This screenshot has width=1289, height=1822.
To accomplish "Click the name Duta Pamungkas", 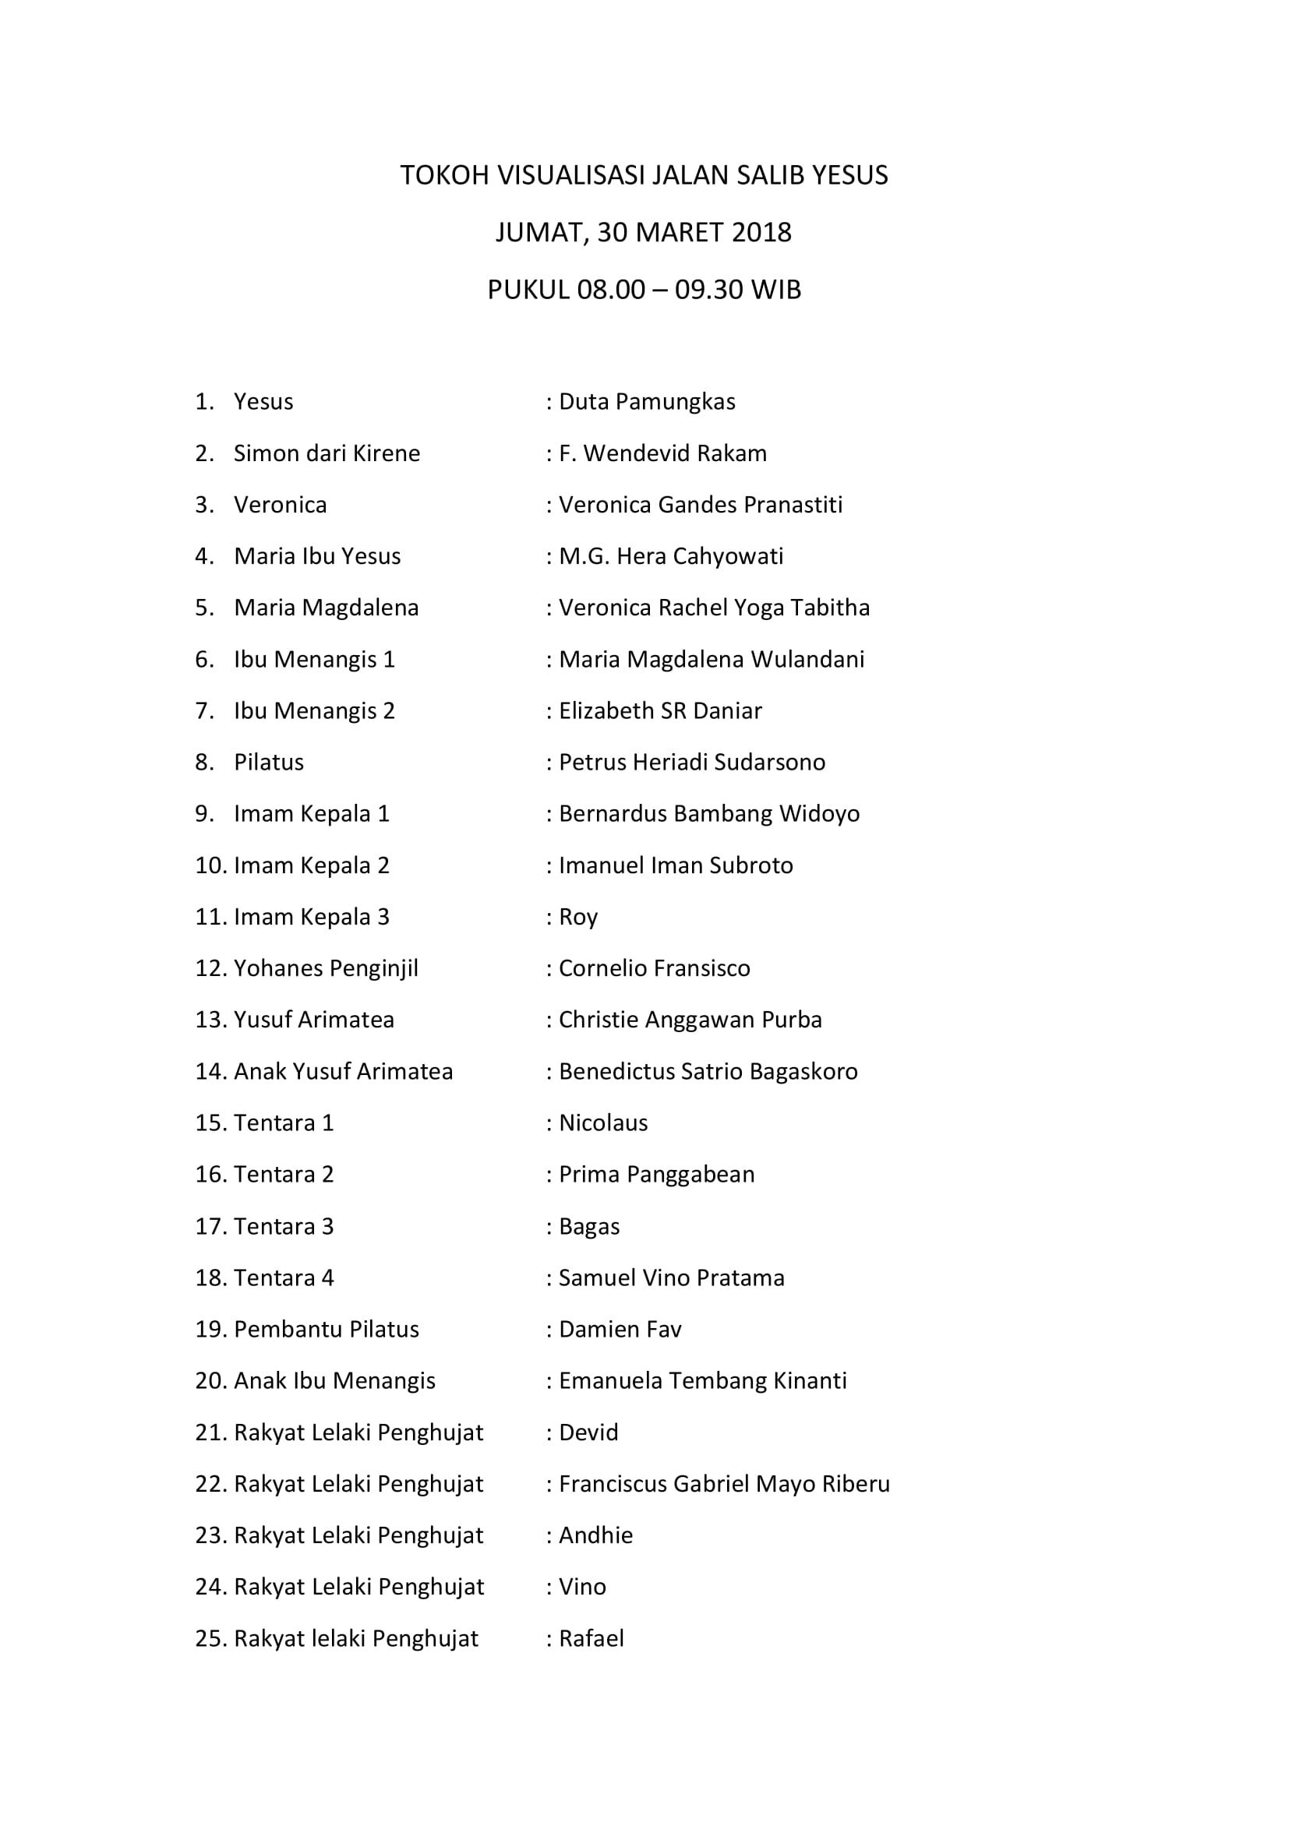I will coord(647,401).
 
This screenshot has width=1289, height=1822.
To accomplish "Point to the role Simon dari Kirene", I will coord(327,453).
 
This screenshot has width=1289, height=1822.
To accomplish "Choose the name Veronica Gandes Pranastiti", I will coord(700,505).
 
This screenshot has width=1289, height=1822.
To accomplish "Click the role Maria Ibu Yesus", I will coord(316,556).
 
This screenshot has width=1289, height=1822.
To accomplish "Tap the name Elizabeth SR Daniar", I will coord(659,710).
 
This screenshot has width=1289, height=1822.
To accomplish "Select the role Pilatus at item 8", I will coord(268,763).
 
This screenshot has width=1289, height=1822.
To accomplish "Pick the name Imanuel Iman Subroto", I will coord(676,865).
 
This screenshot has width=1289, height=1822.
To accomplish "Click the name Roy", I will coord(577,918).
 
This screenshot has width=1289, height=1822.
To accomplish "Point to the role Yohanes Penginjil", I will coord(326,968).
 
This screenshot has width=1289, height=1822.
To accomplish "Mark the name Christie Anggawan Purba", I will coord(690,1020).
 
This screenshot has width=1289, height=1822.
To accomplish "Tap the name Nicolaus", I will coord(603,1123).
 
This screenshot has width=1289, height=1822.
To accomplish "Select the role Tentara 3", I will coord(284,1226).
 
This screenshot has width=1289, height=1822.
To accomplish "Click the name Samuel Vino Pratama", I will coord(672,1278).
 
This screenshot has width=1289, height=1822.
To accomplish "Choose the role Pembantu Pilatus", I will coord(327,1329).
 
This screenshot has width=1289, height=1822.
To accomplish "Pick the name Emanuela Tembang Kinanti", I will coord(702,1381).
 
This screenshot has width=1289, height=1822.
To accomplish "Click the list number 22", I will coord(211,1484).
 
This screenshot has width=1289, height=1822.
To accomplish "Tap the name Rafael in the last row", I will coord(592,1639).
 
